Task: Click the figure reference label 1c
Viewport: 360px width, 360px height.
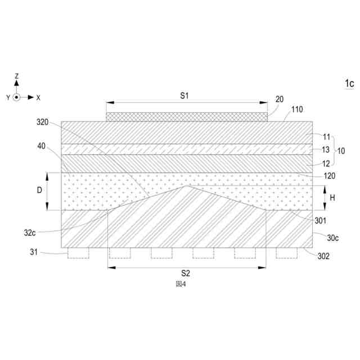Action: (x=349, y=83)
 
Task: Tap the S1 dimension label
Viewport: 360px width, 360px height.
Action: (x=184, y=96)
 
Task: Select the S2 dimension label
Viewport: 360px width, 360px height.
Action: (x=186, y=273)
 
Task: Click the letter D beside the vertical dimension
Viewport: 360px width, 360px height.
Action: (x=39, y=190)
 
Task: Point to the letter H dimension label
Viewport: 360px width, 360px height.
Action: (x=332, y=197)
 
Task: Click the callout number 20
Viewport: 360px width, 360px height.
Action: (x=280, y=99)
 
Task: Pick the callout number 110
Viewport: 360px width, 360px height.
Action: (x=297, y=110)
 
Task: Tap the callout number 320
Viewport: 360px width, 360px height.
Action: (x=43, y=122)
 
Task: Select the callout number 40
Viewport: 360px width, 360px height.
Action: (x=41, y=146)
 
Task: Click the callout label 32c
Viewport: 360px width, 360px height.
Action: (x=30, y=233)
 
